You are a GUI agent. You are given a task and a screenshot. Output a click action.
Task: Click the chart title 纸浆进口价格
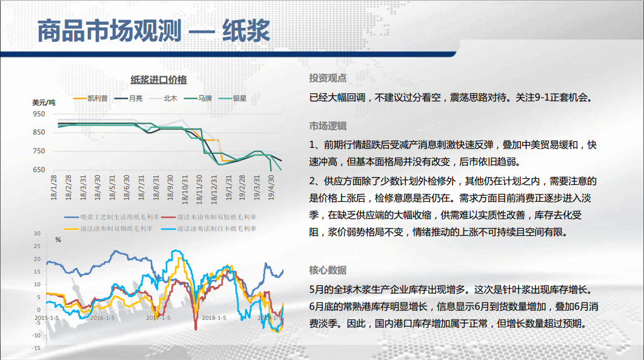point(159,80)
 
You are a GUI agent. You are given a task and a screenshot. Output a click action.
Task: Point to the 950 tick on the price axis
point(39,114)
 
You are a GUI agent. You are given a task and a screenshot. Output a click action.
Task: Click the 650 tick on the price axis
point(39,169)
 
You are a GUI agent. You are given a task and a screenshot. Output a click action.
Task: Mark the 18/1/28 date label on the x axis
point(54,187)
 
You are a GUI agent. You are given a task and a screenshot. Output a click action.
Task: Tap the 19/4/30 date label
point(271,187)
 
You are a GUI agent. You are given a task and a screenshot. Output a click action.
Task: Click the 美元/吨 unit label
point(44,103)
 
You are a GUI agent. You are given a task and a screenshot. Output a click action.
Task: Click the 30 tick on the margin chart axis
point(38,233)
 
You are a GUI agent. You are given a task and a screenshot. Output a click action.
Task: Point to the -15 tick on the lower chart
point(36,348)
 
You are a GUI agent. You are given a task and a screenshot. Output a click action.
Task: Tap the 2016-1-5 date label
point(102,318)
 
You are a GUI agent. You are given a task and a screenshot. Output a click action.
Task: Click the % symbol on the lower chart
point(58,240)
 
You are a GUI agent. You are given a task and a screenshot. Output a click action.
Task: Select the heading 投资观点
point(328,78)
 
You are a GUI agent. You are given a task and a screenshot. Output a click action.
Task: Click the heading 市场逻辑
point(328,126)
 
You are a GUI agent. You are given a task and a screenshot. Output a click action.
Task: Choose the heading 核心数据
point(328,270)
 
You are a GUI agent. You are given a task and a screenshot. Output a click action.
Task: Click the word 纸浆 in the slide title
point(246,31)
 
